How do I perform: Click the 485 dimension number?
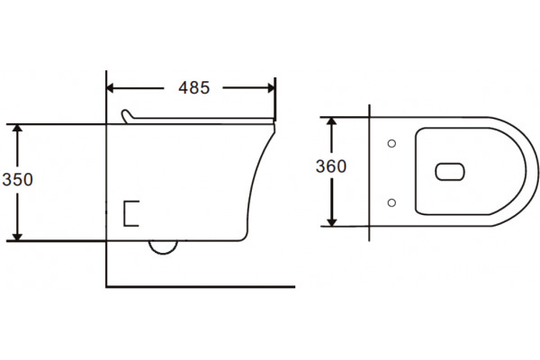click(193, 88)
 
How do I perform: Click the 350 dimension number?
click(18, 179)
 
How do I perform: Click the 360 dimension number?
click(331, 166)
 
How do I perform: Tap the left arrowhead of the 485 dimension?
click(110, 88)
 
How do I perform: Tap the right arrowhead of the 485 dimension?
click(272, 88)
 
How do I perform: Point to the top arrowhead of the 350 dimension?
click(17, 128)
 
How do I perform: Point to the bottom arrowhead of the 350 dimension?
click(17, 237)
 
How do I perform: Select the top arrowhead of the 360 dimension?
click(331, 121)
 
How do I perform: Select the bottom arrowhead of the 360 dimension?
click(331, 222)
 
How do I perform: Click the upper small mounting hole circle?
click(391, 143)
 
